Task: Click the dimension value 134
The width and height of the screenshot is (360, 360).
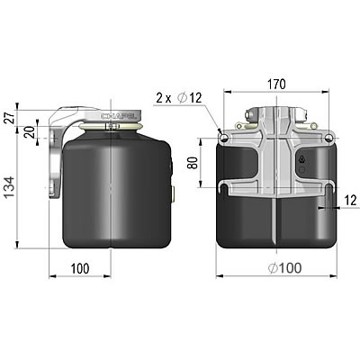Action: tap(9, 190)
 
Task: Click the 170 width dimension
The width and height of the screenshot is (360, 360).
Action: tap(275, 84)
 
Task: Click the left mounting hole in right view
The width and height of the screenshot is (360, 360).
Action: tap(223, 137)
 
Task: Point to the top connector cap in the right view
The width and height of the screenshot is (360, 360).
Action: tap(276, 112)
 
